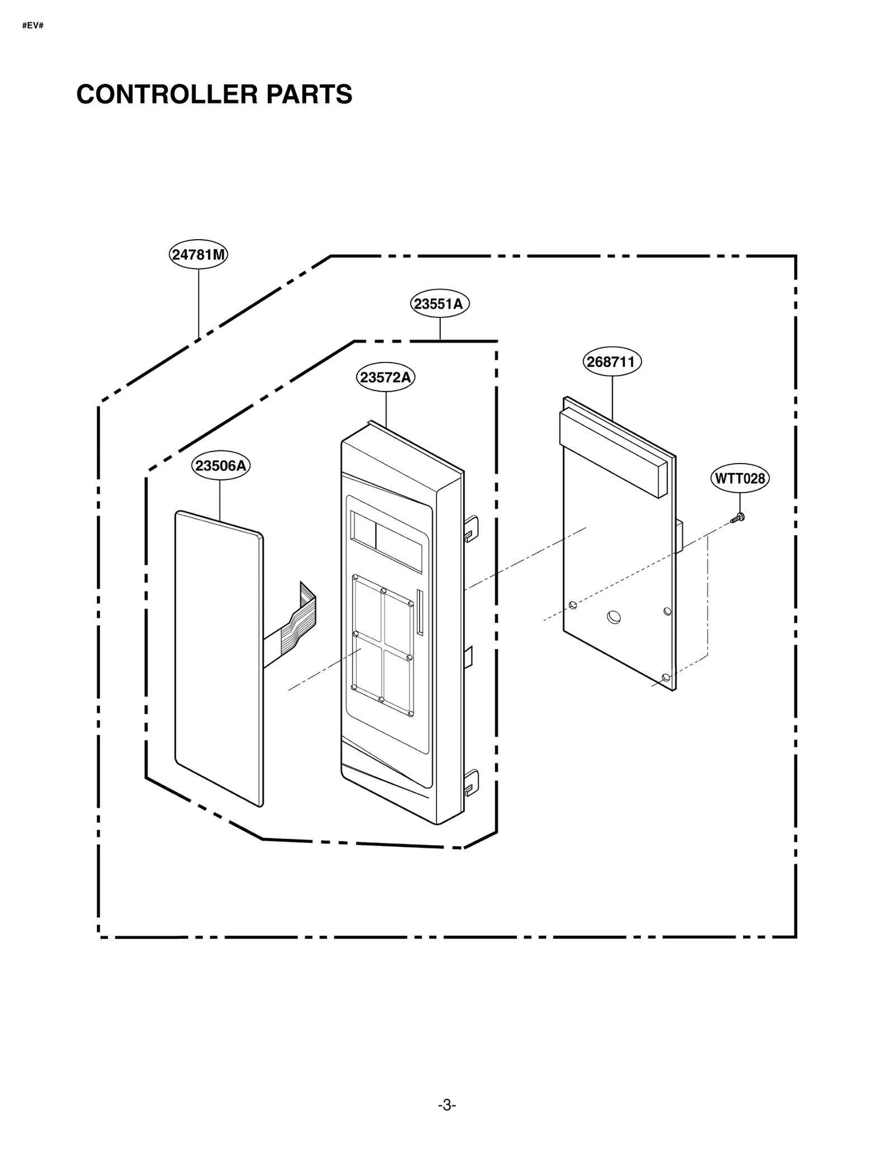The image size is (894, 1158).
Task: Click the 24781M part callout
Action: coord(198,255)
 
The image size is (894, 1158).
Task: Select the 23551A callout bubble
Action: coord(440,304)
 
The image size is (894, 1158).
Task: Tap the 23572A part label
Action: coord(386,378)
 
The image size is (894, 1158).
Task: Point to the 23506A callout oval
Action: coord(221,465)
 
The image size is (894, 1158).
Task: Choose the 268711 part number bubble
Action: coord(612,361)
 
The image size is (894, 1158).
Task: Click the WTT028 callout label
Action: coord(740,479)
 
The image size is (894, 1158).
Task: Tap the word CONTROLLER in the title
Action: coord(167,94)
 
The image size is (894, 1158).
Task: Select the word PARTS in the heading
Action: coord(309,94)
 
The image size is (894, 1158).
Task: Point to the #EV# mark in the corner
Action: coord(33,26)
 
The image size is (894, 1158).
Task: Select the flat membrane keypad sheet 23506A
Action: coord(218,659)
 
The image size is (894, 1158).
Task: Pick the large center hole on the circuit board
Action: coord(614,617)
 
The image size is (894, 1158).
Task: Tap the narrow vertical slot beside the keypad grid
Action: coord(420,612)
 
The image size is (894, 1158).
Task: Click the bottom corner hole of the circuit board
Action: coord(665,678)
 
